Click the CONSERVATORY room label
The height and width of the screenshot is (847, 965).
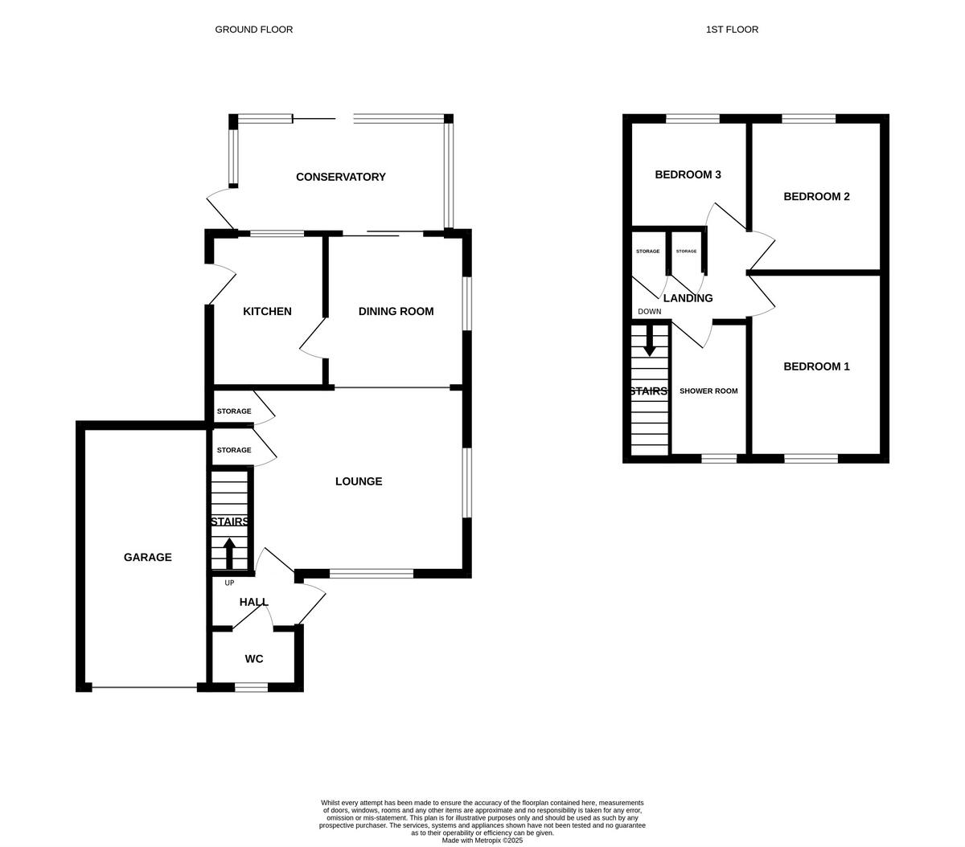click(x=340, y=177)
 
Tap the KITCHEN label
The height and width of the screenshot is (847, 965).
click(x=267, y=311)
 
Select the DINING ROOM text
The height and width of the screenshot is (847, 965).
click(x=396, y=311)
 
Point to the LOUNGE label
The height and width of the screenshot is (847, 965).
click(x=359, y=481)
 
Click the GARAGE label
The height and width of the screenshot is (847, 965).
click(x=147, y=557)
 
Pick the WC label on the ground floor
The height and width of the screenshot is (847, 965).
click(x=254, y=659)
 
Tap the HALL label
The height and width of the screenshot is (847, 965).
click(x=253, y=602)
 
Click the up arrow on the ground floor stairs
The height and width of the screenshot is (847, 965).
click(x=229, y=554)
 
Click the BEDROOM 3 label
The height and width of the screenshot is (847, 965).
click(x=688, y=174)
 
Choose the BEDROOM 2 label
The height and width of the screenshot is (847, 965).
click(x=816, y=196)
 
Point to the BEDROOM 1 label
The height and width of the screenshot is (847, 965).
click(x=816, y=366)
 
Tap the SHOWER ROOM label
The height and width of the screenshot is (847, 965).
click(x=708, y=391)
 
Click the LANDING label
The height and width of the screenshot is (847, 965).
click(x=688, y=298)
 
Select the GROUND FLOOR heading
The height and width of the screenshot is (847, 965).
click(x=253, y=30)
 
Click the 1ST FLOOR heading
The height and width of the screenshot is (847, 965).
click(x=732, y=30)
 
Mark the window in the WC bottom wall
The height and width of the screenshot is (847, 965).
click(x=251, y=687)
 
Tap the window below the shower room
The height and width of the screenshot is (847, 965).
click(x=719, y=459)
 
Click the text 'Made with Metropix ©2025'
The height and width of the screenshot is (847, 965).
click(x=482, y=841)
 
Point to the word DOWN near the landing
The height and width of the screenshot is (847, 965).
click(x=649, y=312)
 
